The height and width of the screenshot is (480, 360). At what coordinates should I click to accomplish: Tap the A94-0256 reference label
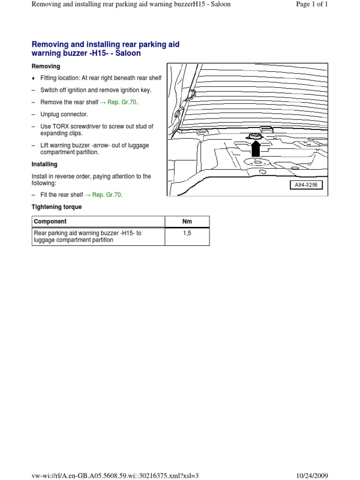coord(306,185)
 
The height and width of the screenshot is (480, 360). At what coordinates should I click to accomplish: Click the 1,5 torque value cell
coord(187,233)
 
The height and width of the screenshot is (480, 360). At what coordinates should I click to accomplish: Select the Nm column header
coord(187,221)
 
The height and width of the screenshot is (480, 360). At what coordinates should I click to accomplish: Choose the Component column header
coord(51,221)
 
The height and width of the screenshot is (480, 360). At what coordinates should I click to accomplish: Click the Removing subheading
coord(45,67)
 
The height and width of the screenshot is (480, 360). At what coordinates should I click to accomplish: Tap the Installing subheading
coord(45,165)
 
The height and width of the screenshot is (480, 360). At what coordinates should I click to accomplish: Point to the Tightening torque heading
coord(56,207)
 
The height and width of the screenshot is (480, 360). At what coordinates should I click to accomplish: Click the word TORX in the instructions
coord(60,127)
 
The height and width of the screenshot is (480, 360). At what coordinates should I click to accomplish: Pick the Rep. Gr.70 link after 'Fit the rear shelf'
coord(107,195)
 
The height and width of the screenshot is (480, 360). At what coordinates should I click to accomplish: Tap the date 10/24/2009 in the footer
coord(327,475)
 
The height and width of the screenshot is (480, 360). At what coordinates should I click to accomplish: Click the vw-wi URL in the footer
coord(115,475)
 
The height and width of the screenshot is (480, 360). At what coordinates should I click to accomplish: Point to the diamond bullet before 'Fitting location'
coord(33,78)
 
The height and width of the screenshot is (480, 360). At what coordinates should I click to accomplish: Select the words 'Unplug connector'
coord(64,114)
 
